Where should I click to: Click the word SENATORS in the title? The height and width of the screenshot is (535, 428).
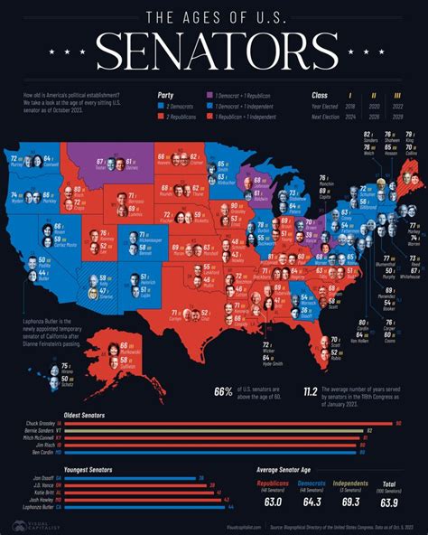click(214, 53)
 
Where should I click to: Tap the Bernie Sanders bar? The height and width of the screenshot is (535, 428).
click(217, 431)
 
